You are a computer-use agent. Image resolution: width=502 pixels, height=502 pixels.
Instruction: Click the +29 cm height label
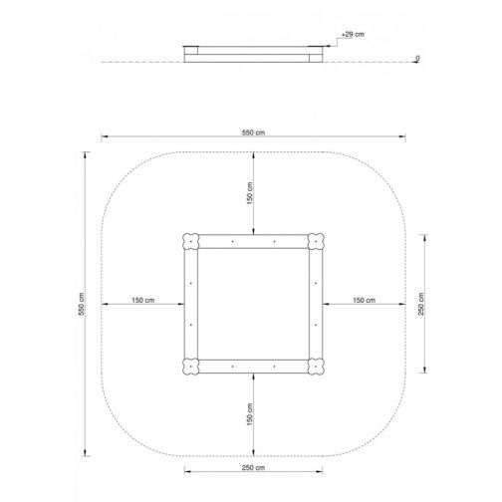[x=353, y=34]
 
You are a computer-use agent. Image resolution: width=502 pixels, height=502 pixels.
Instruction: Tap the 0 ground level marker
[x=417, y=58]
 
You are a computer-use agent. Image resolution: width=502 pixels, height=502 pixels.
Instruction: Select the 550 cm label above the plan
[x=253, y=132]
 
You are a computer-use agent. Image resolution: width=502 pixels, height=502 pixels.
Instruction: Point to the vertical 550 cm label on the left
[x=82, y=304]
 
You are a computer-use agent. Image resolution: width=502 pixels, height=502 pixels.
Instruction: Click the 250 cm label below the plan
[x=253, y=468]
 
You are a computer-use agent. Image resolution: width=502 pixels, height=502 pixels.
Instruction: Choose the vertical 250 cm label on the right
[x=421, y=304]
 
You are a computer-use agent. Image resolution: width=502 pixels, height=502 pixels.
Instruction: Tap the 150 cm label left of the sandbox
[x=143, y=300]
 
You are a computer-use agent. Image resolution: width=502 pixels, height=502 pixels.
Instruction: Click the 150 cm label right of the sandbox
[x=364, y=300]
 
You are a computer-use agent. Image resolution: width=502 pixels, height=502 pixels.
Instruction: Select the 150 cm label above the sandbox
[x=250, y=193]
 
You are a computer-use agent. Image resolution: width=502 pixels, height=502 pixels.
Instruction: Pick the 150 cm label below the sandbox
[x=250, y=414]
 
